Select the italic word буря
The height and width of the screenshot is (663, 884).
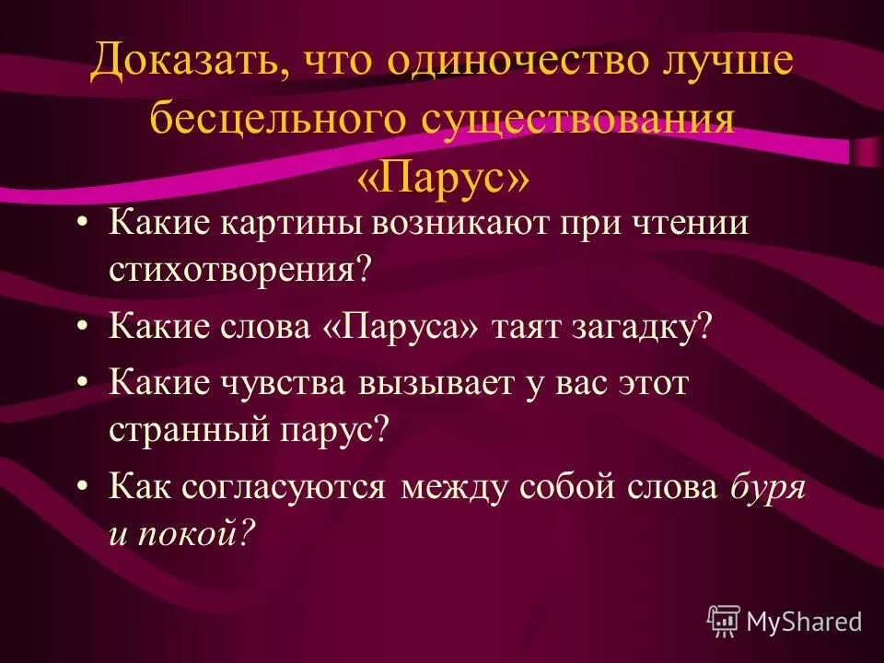click(768, 486)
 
